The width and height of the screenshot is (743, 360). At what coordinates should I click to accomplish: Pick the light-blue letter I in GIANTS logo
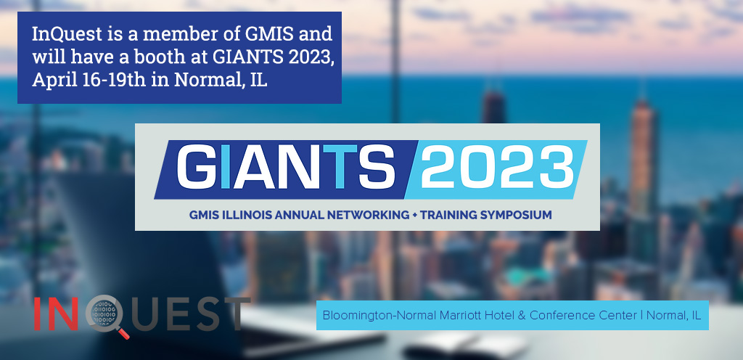click(x=227, y=166)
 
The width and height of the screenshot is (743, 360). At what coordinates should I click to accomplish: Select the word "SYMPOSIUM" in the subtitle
click(x=516, y=215)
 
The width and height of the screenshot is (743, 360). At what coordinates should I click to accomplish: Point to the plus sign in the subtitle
click(x=414, y=216)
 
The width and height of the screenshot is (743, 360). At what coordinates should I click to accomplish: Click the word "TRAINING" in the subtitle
click(x=448, y=215)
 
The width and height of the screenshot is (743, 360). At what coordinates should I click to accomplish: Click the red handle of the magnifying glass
click(x=123, y=333)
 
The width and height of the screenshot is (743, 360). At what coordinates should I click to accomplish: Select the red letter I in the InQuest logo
click(x=38, y=314)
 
